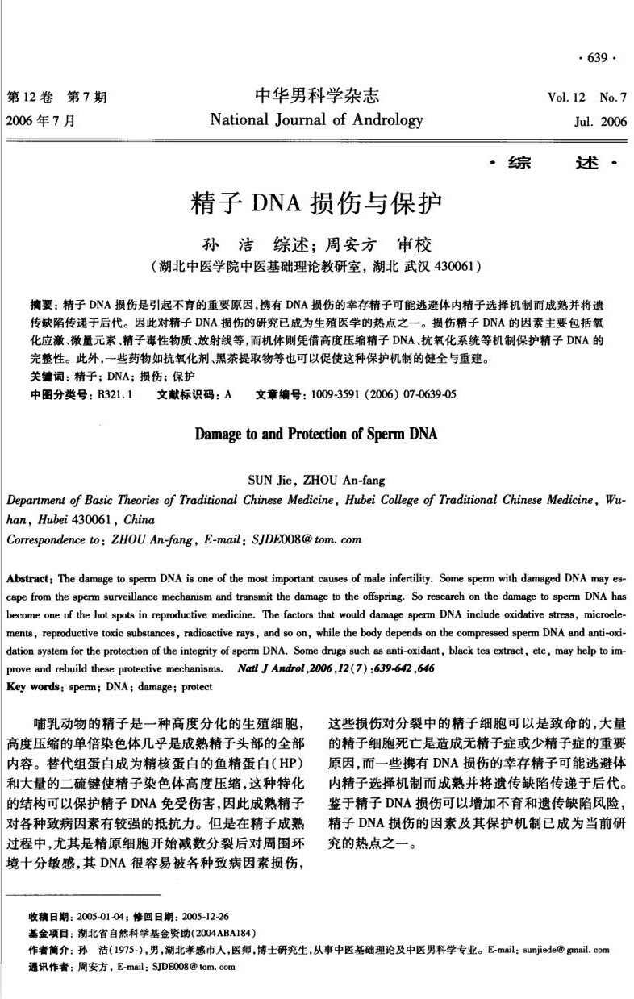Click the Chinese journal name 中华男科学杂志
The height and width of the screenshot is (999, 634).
pos(316,97)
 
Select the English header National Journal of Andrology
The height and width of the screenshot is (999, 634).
pos(316,120)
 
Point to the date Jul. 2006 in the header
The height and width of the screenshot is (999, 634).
pos(599,123)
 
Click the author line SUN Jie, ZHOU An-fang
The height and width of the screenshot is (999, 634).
pos(316,481)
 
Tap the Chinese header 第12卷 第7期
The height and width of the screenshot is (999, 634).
pos(56,98)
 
